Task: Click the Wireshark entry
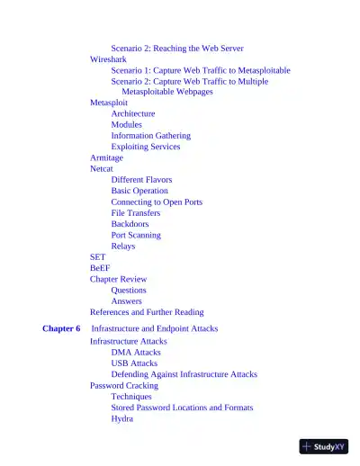[108, 58]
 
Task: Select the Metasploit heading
[109, 103]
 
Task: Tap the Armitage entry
[107, 157]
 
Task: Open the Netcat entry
[102, 168]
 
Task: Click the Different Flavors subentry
[141, 180]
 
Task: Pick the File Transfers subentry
[136, 213]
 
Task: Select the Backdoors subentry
[130, 224]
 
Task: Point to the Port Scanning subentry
[136, 235]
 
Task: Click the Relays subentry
[123, 246]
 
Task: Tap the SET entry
[97, 257]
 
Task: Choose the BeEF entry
[99, 268]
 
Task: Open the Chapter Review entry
[118, 279]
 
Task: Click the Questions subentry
[129, 291]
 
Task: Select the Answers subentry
[126, 301]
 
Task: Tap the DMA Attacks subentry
[136, 353]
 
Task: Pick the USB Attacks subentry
[134, 363]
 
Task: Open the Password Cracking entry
[124, 385]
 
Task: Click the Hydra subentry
[122, 418]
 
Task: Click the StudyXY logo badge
[324, 445]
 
